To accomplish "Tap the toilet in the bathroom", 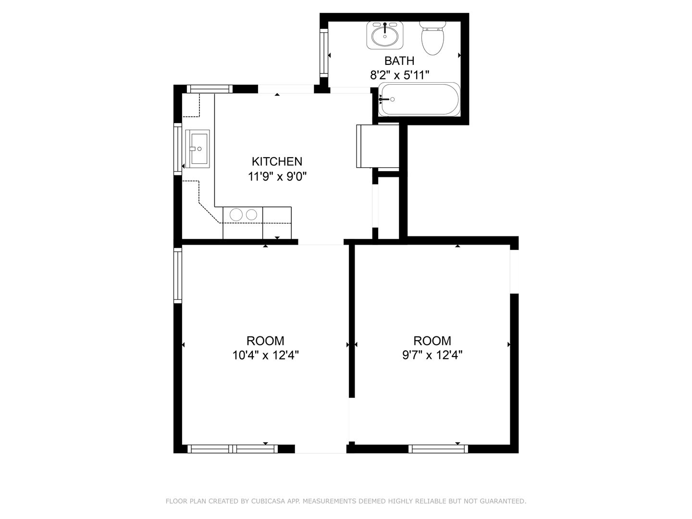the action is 433,38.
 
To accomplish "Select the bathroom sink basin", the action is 384,36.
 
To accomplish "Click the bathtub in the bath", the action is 420,99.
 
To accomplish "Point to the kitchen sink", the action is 198,149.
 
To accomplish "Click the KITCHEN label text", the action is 277,161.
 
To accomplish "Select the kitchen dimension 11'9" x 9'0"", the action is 277,176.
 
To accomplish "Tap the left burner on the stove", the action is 236,215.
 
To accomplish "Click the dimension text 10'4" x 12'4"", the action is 265,355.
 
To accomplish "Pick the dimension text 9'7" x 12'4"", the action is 432,355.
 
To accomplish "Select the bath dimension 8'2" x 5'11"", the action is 399,75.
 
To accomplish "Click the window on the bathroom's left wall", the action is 324,53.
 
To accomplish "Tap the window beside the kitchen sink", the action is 178,149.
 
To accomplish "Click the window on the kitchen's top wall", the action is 210,89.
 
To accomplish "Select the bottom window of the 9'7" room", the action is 438,449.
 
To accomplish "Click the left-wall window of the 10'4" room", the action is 178,275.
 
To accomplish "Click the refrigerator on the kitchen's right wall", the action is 378,146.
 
